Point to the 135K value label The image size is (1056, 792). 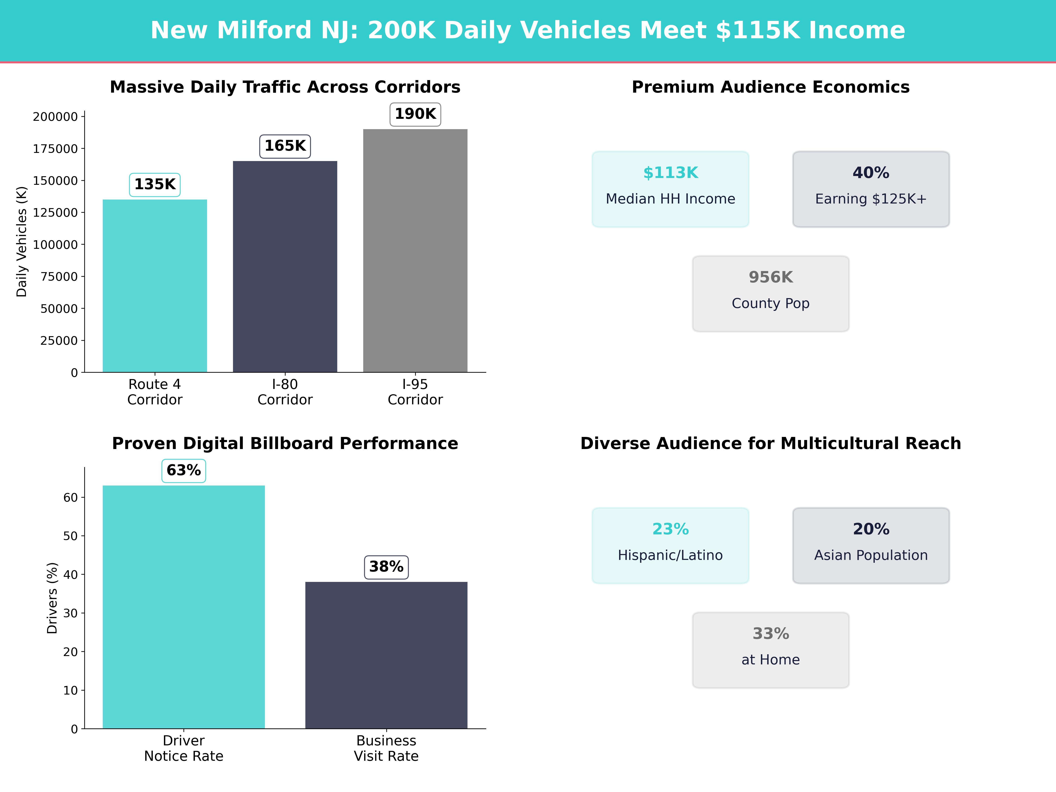[155, 184]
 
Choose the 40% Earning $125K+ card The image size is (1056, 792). [871, 189]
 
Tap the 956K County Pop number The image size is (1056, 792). [770, 277]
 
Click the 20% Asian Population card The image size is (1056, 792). [871, 545]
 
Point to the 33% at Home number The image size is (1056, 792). [770, 634]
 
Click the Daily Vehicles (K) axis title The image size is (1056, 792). [22, 242]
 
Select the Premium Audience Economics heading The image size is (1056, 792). [770, 87]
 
